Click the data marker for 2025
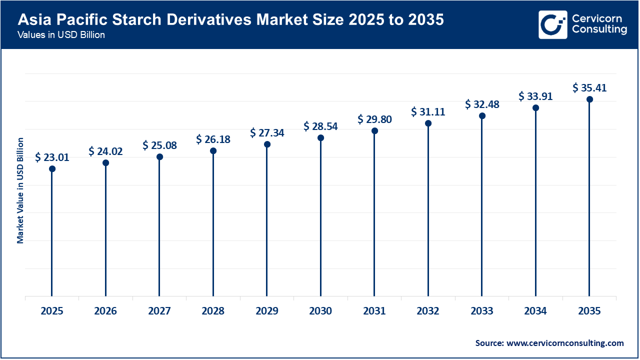52,169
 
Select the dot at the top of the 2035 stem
589,99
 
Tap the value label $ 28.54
320,126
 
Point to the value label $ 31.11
428,112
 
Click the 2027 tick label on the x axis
159,311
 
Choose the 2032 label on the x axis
428,311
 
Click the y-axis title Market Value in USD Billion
20,190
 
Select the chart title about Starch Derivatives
230,20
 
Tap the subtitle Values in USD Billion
61,35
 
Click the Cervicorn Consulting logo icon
553,24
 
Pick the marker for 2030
320,138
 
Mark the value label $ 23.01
52,157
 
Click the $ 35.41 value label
589,88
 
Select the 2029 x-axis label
267,311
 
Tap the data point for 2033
482,116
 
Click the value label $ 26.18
213,139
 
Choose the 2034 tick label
535,311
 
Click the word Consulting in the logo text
599,30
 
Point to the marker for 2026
105,163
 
